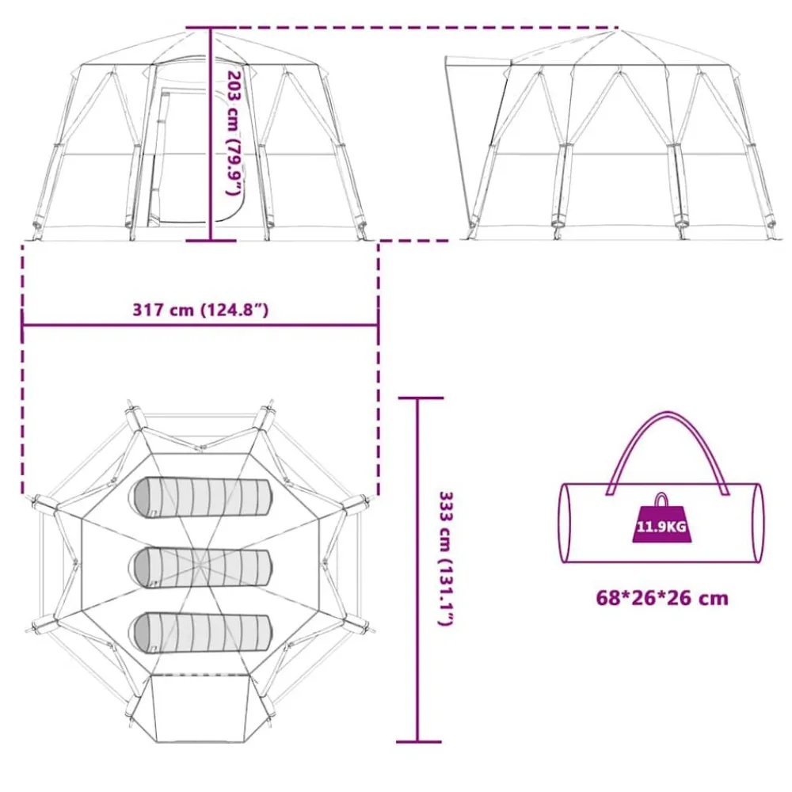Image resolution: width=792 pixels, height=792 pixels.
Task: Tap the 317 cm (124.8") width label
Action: point(200,309)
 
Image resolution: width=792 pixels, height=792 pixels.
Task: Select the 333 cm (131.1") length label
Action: point(446,558)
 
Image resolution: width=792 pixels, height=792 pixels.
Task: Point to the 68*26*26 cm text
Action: point(662,598)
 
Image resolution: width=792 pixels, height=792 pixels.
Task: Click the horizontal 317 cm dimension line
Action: point(200,325)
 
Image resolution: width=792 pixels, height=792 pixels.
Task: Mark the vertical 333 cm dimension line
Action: point(417,569)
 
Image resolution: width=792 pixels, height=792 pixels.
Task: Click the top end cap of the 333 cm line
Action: point(421,398)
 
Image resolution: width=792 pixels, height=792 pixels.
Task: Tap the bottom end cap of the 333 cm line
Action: point(419,742)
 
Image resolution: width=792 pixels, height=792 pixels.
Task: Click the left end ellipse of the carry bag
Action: point(564,523)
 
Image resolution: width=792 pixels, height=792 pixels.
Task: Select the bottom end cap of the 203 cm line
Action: point(211,241)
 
